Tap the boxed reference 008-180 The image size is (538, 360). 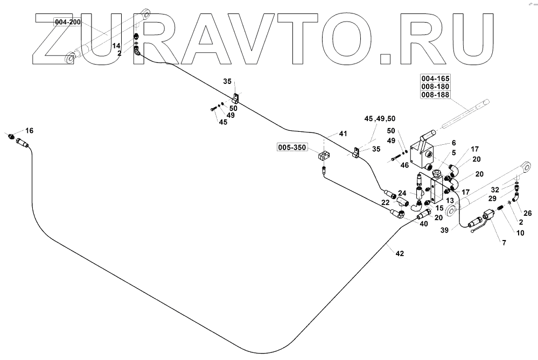[x=435, y=87]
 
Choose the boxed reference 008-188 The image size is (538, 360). [x=435, y=95]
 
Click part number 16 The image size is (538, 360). [x=29, y=131]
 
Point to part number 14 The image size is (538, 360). [x=116, y=46]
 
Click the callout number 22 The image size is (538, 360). [x=385, y=202]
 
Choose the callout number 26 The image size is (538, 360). [x=527, y=212]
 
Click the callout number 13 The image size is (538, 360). [x=450, y=200]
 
